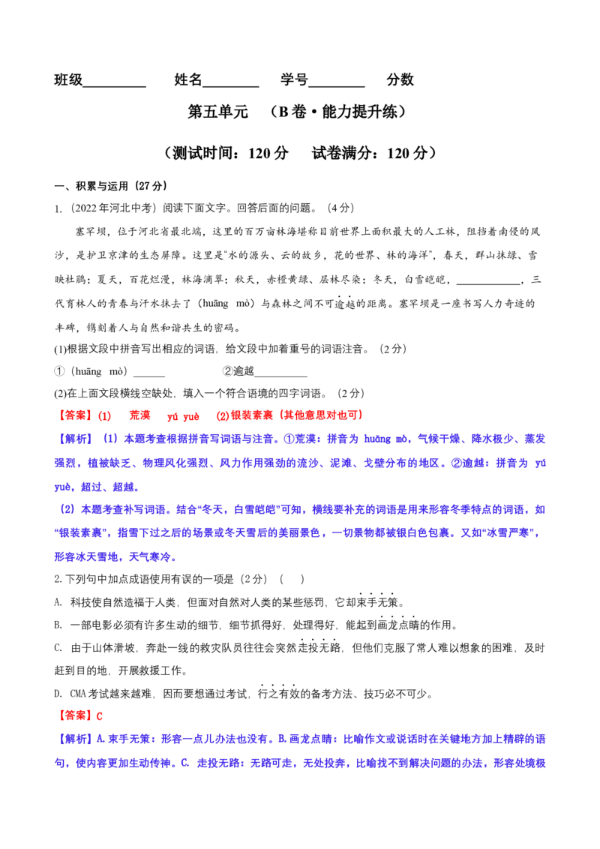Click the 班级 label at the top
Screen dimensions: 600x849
coord(68,79)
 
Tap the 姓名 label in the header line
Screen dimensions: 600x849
coord(188,79)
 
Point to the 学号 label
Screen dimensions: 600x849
coord(294,79)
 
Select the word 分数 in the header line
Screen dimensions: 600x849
coord(400,79)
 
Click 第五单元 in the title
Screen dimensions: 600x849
coord(217,112)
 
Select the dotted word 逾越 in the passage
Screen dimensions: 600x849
coord(344,304)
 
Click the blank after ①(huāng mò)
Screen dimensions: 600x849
coord(149,375)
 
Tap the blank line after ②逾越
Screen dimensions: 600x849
coord(280,375)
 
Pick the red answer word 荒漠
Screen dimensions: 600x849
coord(139,415)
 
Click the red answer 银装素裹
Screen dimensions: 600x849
coord(252,415)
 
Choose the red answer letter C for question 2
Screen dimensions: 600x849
coord(100,716)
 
